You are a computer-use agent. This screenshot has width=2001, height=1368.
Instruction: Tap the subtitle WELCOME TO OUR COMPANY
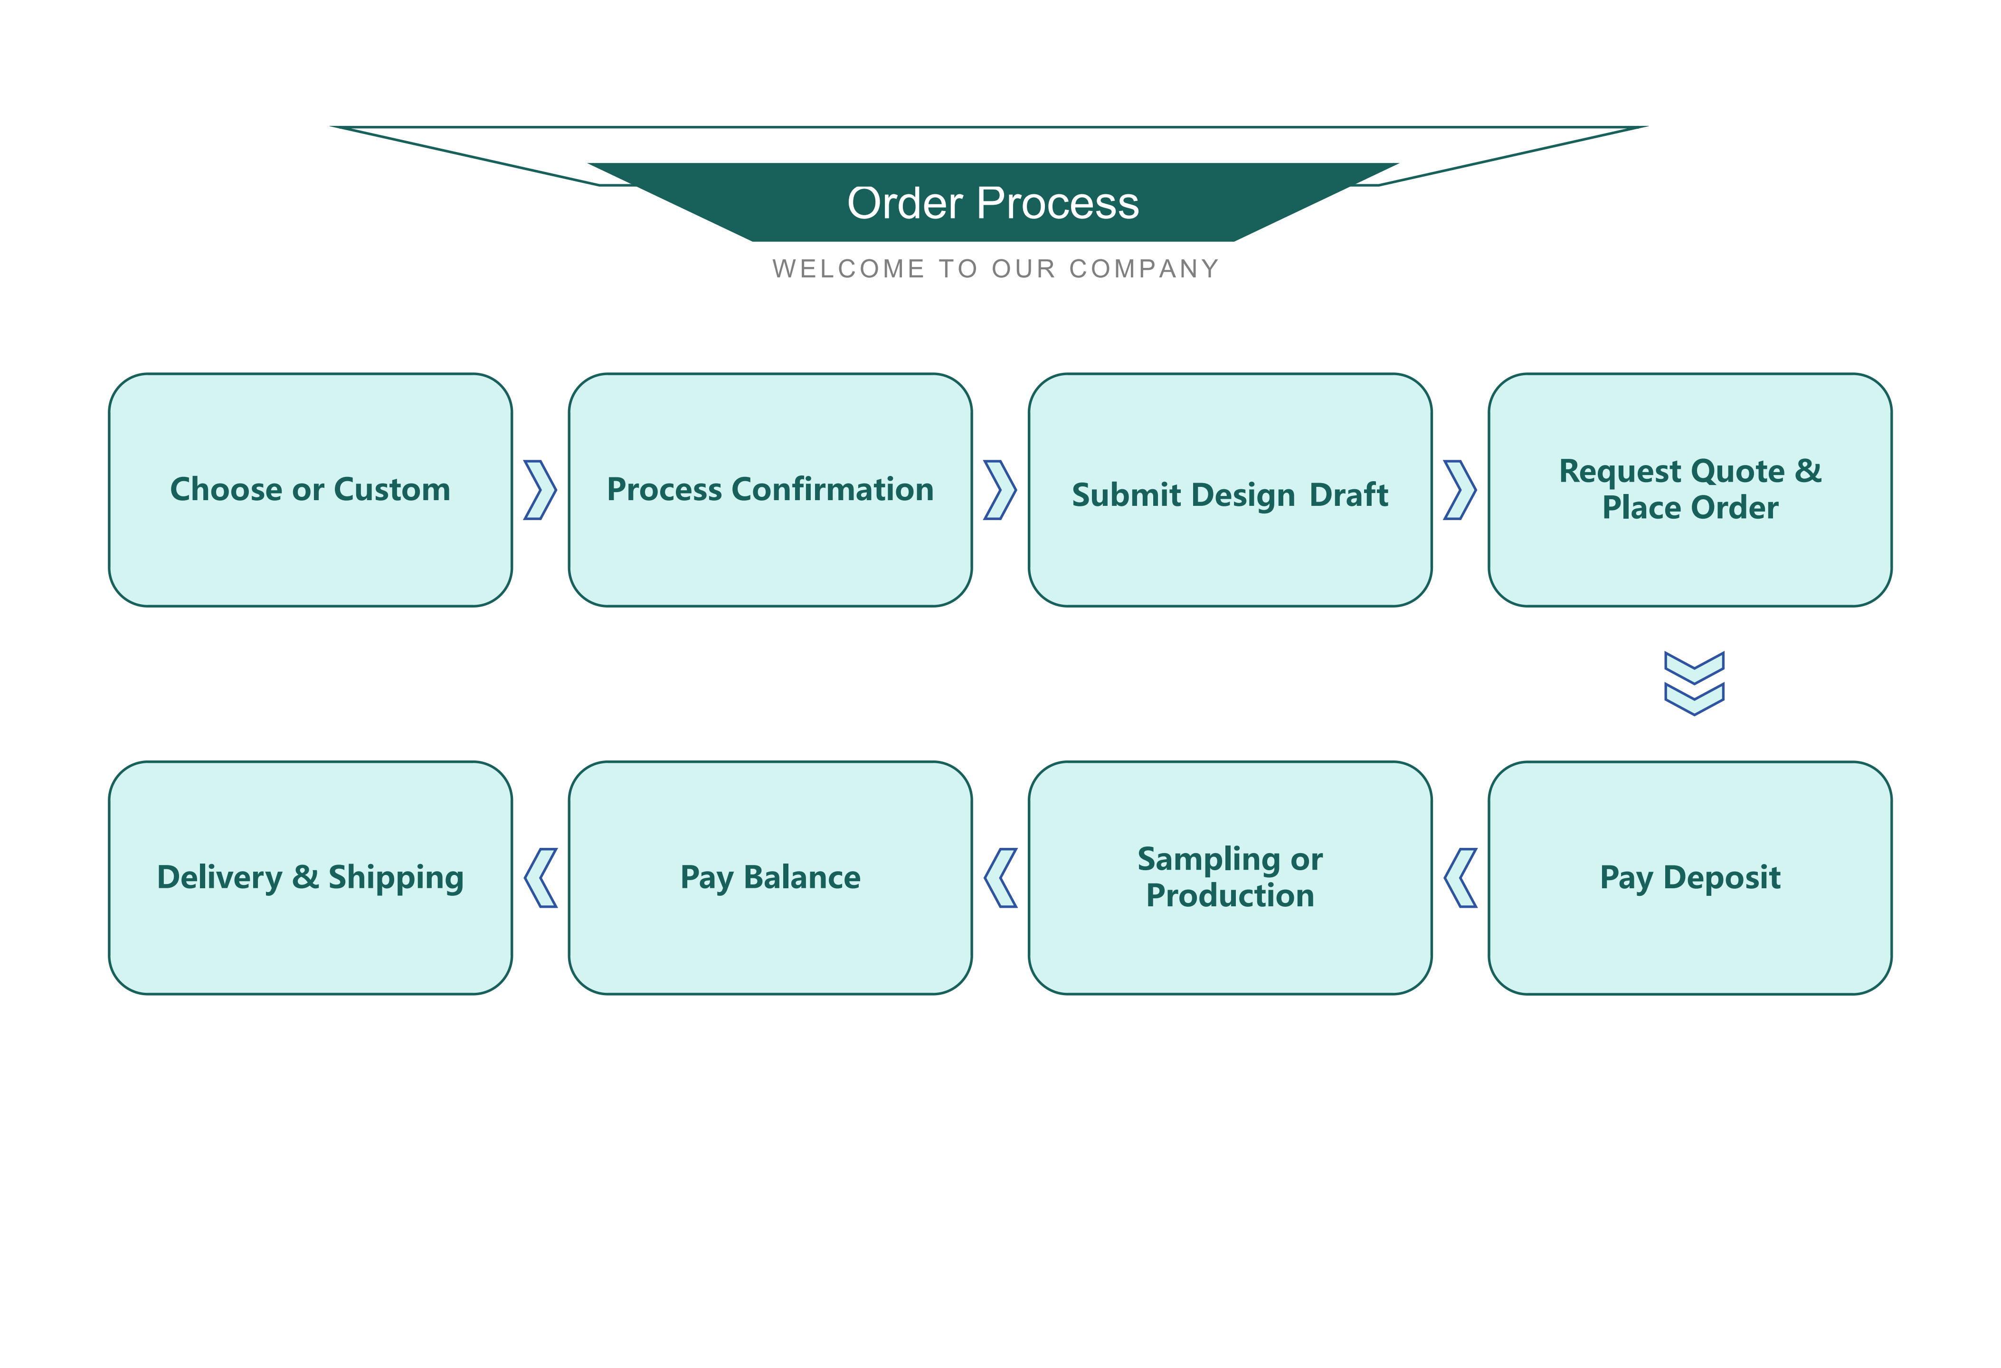(996, 269)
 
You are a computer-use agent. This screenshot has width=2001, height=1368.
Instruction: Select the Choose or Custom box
(310, 490)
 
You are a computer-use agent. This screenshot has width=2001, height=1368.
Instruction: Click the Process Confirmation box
(770, 490)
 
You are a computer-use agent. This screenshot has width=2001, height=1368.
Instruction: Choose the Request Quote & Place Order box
(1690, 490)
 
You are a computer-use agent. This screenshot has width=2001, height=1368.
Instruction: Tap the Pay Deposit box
(1690, 878)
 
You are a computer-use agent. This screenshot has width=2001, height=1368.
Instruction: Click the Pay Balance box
(770, 878)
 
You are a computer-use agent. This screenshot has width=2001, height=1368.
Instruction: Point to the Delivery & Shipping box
(310, 878)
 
